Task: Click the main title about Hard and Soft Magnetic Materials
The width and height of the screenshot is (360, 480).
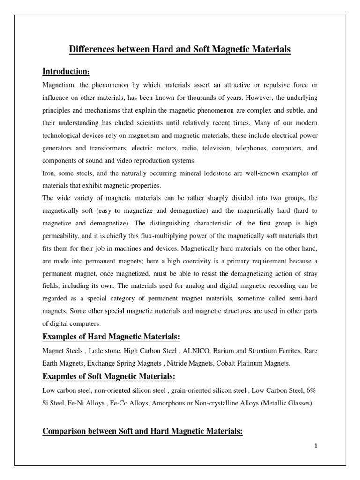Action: tap(180, 49)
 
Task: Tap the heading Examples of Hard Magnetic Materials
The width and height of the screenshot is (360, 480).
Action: tap(111, 337)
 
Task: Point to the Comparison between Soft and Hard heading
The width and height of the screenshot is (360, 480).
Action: tap(142, 431)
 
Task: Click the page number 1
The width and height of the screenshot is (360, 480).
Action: tap(316, 447)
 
